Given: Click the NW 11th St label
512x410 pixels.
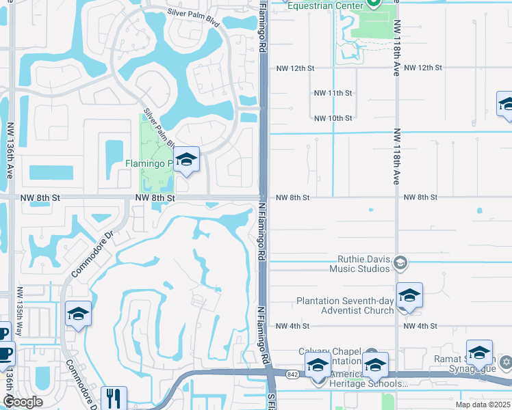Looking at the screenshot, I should click(333, 93).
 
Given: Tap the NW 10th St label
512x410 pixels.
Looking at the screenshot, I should click(333, 118).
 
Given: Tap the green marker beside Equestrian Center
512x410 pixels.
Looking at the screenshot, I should click(374, 3).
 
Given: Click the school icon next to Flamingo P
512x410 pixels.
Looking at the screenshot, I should click(185, 160).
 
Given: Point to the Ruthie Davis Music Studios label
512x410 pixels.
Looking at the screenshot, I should click(363, 264).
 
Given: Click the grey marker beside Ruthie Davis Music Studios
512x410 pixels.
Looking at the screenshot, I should click(400, 262).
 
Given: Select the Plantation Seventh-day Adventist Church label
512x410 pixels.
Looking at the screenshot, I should click(345, 305).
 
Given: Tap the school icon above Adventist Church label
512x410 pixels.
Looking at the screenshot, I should click(409, 295).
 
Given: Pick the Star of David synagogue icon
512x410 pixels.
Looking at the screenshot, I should click(506, 361).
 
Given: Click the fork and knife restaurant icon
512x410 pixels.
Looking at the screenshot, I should click(114, 398).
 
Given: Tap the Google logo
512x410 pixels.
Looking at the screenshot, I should click(22, 402).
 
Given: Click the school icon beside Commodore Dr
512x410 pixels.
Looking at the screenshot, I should click(78, 314).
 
